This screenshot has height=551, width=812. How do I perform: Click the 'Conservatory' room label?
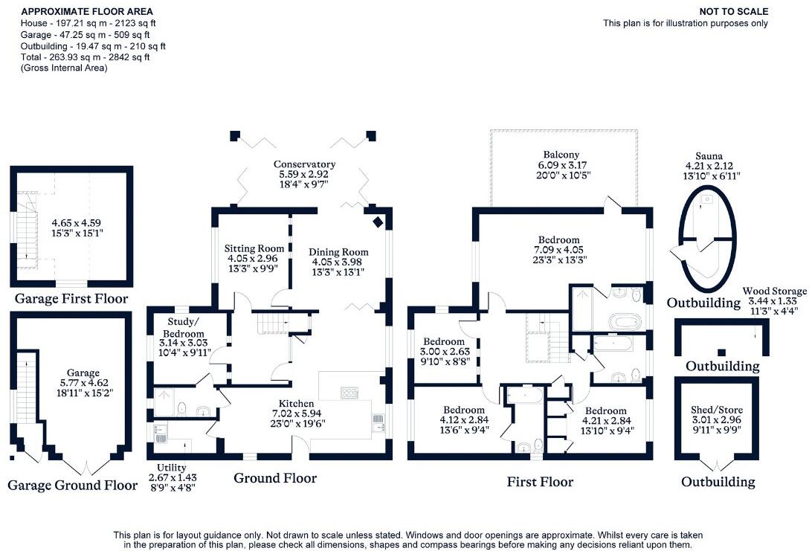tap(304, 164)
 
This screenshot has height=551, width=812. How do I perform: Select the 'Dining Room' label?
tap(338, 251)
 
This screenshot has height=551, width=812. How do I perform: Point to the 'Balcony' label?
tap(561, 155)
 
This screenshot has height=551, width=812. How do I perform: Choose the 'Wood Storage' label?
tap(774, 291)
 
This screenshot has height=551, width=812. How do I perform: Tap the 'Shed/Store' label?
tap(716, 410)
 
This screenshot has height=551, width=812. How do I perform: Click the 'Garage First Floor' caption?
tap(71, 299)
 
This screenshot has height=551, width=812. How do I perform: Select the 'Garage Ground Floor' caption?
tap(72, 485)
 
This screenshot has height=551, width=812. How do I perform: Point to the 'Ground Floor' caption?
tap(275, 478)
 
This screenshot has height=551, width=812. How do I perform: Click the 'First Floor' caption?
tap(540, 482)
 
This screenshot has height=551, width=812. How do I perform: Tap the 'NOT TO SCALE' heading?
tap(734, 11)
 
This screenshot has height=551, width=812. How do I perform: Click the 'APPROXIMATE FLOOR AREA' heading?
tap(88, 12)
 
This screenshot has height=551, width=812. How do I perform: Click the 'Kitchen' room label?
tap(297, 404)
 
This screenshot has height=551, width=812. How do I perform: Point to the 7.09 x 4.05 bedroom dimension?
tap(559, 250)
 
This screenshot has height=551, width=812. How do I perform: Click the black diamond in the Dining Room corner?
tap(378, 222)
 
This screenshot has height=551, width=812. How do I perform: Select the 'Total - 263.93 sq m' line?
tap(86, 57)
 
